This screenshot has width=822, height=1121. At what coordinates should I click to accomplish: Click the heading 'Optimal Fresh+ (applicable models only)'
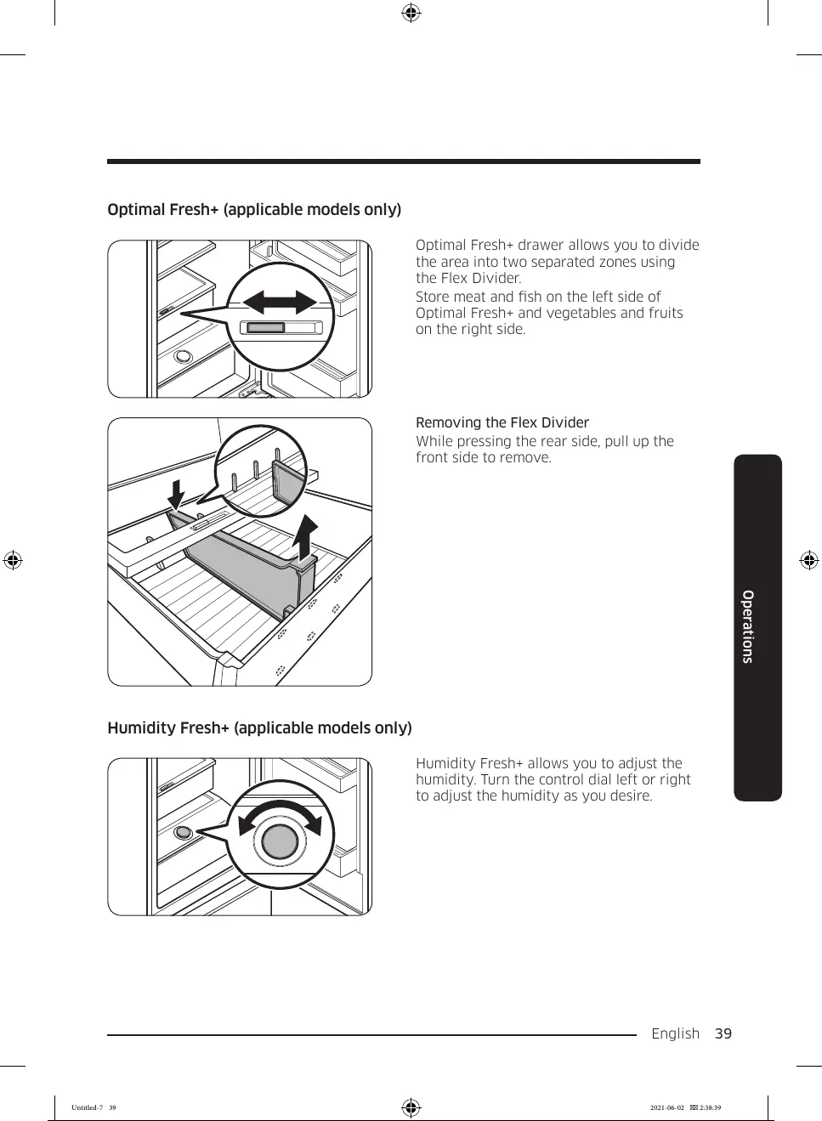click(x=254, y=210)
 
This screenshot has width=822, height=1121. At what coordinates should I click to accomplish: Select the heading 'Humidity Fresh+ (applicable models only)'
click(x=259, y=728)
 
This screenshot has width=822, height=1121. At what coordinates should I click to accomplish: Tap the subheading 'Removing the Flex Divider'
click(x=502, y=423)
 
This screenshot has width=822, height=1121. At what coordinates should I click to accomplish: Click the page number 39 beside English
click(x=723, y=1033)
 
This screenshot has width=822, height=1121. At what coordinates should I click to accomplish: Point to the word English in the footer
click(x=675, y=1033)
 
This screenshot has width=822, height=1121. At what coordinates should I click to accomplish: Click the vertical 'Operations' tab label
click(x=748, y=626)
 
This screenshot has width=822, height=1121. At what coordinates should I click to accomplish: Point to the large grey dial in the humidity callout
click(x=280, y=841)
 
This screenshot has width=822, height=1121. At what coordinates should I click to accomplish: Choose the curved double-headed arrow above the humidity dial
click(x=280, y=812)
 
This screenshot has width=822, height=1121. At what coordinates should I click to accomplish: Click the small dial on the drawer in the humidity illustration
click(x=183, y=832)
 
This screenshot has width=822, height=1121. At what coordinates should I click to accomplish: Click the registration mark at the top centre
click(x=411, y=13)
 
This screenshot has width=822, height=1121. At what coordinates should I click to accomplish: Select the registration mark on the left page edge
click(x=12, y=560)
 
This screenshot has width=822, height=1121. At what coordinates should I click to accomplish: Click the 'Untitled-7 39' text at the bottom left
click(x=94, y=1107)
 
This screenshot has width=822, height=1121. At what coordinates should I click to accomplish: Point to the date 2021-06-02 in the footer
click(x=666, y=1107)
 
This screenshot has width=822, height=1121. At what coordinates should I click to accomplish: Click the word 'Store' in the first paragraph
click(x=433, y=297)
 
